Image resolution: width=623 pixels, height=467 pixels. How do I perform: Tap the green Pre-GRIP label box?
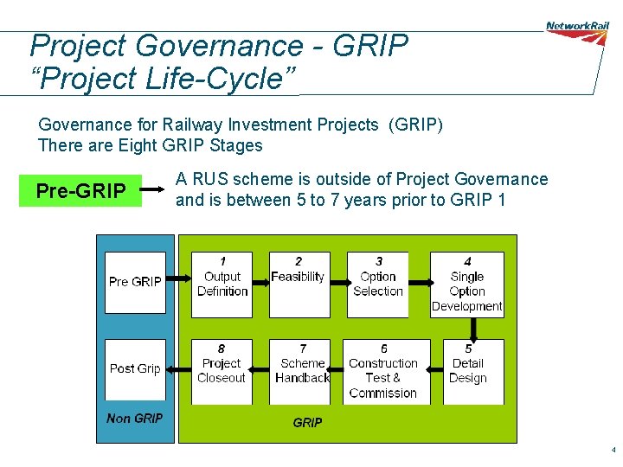point(80,190)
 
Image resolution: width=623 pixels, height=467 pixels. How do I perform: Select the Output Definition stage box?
point(222,285)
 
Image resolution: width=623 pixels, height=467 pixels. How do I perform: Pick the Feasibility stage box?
point(299,285)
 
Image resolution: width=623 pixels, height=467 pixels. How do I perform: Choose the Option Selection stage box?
point(377,285)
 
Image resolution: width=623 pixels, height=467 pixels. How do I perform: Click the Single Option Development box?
point(467,285)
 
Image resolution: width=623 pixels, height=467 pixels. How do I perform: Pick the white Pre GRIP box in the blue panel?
point(135,283)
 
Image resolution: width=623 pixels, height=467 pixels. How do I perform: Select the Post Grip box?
point(135,370)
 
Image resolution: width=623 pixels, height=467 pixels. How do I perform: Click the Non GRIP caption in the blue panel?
point(134,419)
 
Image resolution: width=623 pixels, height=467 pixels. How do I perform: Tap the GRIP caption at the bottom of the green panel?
point(307,423)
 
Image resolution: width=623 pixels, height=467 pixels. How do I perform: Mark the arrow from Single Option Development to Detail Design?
point(472,329)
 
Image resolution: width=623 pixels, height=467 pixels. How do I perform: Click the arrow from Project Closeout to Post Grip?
point(178,369)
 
